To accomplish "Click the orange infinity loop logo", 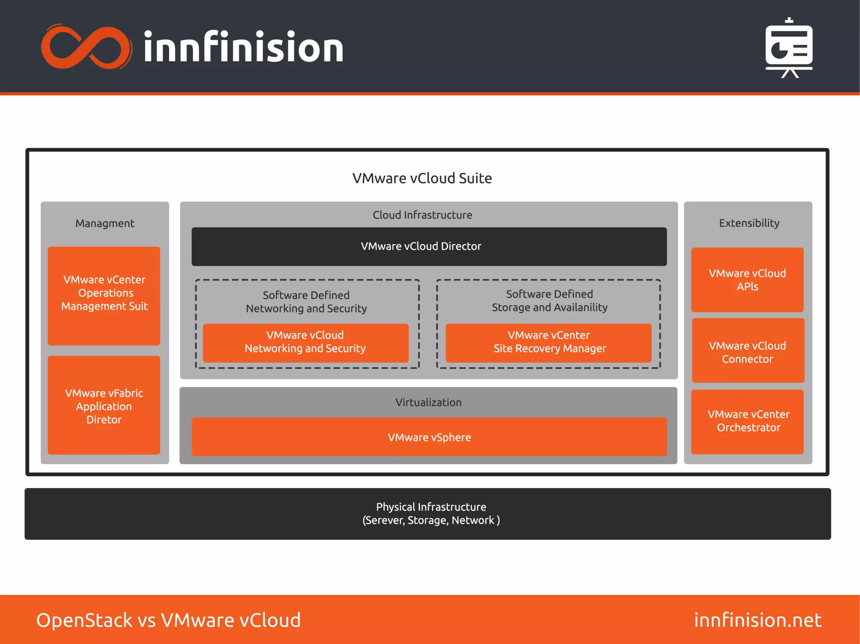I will [x=86, y=47].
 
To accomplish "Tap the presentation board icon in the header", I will [x=789, y=47].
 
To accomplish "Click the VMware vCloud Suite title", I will [x=422, y=178].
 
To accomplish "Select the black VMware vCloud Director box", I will [x=429, y=246].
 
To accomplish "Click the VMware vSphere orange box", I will [x=429, y=437].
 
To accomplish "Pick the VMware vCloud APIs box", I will [x=747, y=280].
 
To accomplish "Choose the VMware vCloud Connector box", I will [x=747, y=352].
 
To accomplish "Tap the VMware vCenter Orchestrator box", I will [x=747, y=421].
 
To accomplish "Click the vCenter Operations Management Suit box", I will [x=104, y=295].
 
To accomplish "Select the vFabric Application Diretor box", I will [x=104, y=405].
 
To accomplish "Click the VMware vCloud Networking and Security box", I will [x=305, y=342].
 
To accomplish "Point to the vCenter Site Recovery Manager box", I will [x=548, y=342].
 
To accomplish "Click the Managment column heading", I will [x=105, y=223].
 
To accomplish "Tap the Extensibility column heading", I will [x=749, y=223].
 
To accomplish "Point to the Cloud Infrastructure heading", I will [x=422, y=215].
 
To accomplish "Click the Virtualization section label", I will [x=428, y=402].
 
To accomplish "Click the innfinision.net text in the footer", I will [x=758, y=620].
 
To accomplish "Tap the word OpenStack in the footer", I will [x=84, y=620].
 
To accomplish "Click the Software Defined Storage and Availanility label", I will [x=549, y=301].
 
